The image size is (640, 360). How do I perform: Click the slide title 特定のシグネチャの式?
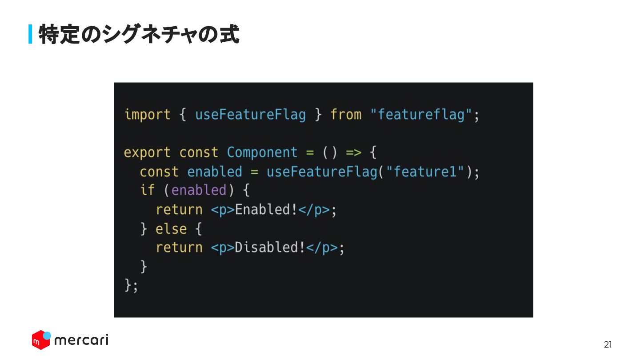[x=139, y=34]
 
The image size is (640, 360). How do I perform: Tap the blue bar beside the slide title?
[x=30, y=34]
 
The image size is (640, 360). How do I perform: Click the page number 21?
[x=608, y=344]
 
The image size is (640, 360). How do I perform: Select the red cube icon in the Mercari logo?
[x=40, y=340]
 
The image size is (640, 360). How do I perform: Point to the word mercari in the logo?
[x=81, y=340]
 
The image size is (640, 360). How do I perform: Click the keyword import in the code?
[x=147, y=115]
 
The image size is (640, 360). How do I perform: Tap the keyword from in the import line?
[x=346, y=115]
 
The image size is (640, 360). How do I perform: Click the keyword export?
[x=147, y=152]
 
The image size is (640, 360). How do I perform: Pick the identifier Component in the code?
[x=262, y=152]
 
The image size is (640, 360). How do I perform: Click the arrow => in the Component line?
[x=354, y=152]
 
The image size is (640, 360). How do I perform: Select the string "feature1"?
[x=425, y=172]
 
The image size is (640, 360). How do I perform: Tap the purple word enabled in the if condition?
[x=199, y=190]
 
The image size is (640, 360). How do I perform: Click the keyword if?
[x=147, y=190]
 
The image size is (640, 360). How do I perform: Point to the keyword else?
[x=171, y=229]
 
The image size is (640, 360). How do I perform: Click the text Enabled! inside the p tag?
[x=266, y=210]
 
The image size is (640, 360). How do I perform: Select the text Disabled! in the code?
[x=270, y=248]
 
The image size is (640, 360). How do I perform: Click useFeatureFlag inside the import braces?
[x=250, y=115]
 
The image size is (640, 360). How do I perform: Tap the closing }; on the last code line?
[x=131, y=285]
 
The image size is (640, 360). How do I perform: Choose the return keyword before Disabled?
[x=179, y=248]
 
